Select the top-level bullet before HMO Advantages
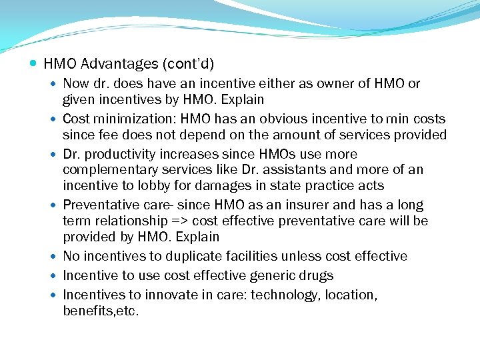(x=34, y=65)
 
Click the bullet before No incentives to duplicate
(x=54, y=257)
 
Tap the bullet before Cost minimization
(x=54, y=119)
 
